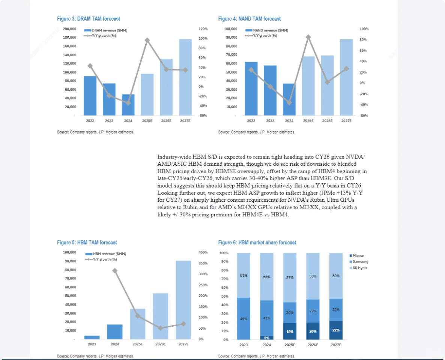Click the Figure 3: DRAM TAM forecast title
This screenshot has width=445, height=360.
coord(89,19)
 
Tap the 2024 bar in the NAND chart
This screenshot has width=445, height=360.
coord(289,99)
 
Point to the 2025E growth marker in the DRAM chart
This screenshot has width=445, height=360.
coord(147,40)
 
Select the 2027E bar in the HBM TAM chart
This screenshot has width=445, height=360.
coord(183,300)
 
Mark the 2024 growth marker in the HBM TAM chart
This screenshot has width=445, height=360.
coord(115,271)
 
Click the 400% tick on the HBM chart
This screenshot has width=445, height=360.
coord(203,252)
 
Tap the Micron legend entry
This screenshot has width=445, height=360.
coord(358,256)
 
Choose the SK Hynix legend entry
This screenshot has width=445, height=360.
coord(360,267)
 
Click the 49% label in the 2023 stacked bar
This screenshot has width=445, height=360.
coord(244,319)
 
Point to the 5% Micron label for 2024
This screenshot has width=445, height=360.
coord(267,338)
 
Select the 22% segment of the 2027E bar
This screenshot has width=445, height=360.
coord(336,330)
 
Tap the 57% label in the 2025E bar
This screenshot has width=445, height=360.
coord(290,278)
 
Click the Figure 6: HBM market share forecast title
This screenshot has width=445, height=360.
coord(257,243)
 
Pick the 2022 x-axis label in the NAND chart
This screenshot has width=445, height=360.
coord(251,121)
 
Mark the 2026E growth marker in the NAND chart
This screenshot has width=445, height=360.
coord(327,82)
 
